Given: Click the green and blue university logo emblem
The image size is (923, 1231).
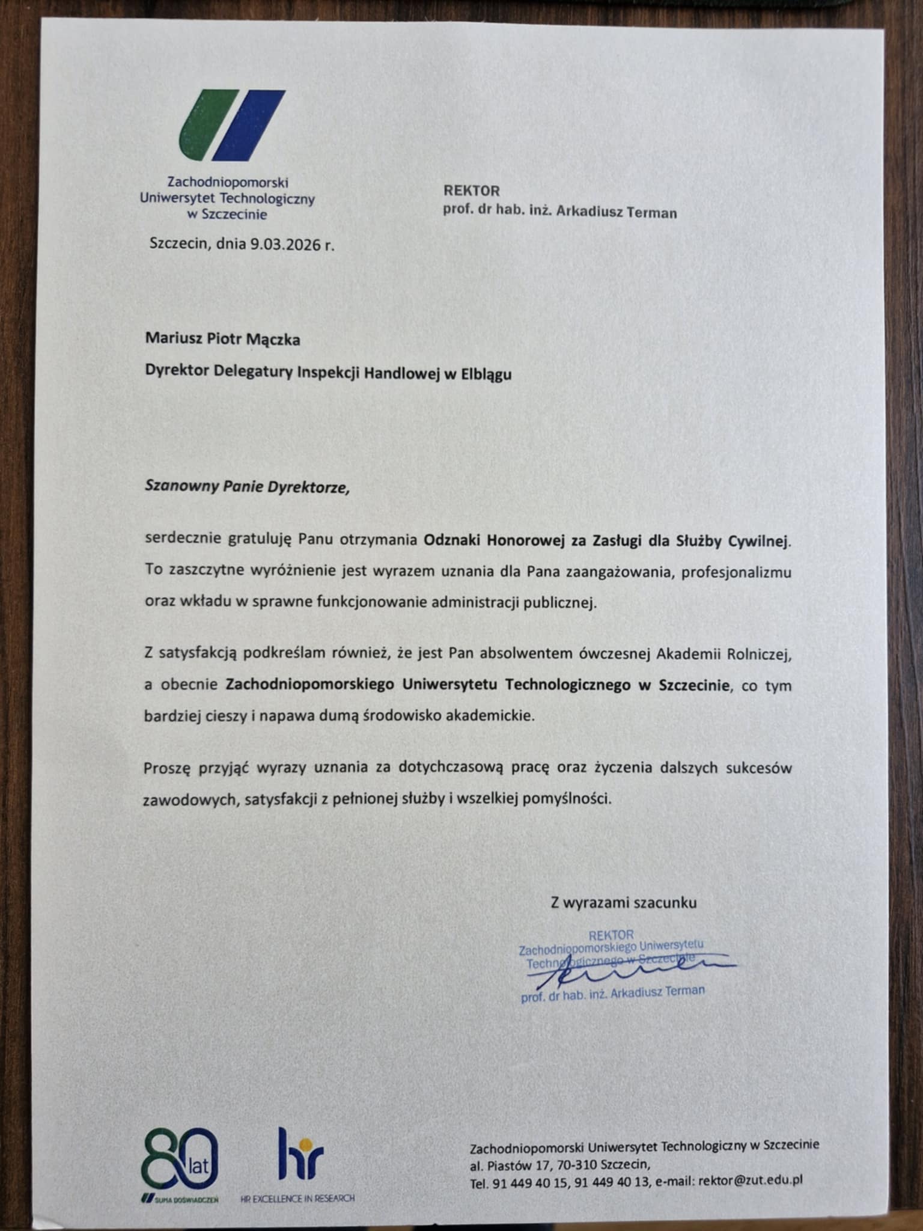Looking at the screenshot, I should [231, 125].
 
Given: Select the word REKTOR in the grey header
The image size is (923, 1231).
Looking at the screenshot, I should [472, 191].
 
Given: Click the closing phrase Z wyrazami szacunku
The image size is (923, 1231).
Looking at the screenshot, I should [624, 902].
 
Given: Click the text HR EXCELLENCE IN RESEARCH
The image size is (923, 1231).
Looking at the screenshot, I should [297, 1199].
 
